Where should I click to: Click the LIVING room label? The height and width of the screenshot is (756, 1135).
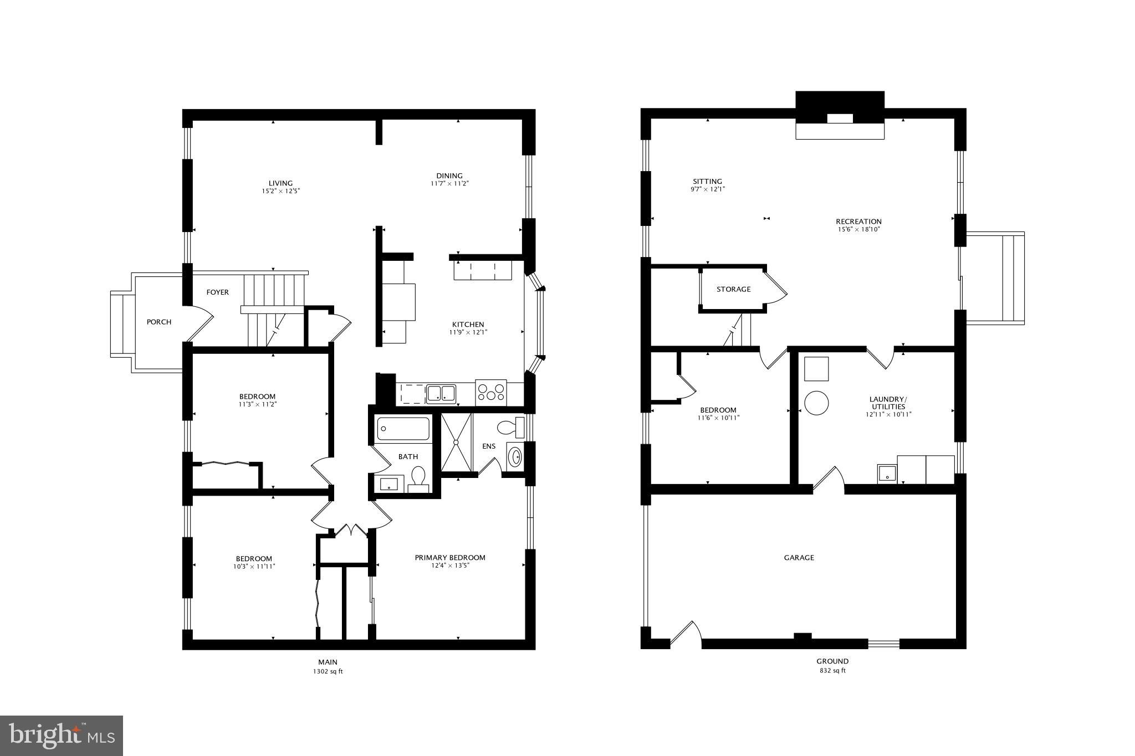pos(280,183)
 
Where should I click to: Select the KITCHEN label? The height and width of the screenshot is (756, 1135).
pos(468,325)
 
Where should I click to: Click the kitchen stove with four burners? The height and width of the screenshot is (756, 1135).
pos(491,392)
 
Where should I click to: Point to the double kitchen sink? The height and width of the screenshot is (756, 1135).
pos(441,394)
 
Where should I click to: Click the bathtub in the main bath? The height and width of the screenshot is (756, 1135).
pos(403,429)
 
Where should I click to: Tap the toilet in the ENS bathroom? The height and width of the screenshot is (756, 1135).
pos(510,427)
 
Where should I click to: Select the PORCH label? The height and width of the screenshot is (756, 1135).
pos(159,322)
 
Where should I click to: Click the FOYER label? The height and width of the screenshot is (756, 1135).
pos(217,292)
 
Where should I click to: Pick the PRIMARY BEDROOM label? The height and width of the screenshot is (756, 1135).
pos(450,558)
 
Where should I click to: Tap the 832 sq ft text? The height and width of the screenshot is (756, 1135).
pos(832,670)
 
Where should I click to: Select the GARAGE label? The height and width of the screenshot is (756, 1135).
pos(799,558)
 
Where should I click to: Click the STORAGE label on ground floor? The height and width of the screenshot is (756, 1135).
pos(733,289)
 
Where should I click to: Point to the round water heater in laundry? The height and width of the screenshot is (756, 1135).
pos(816,403)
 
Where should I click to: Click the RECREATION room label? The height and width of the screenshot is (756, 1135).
pos(858,222)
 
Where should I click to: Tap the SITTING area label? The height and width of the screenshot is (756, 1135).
pos(707,182)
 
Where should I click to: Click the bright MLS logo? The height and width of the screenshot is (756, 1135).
pos(62,736)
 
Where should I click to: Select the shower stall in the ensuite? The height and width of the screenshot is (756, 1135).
pos(456,441)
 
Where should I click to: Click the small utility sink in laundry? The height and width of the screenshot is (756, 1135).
pos(887,474)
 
